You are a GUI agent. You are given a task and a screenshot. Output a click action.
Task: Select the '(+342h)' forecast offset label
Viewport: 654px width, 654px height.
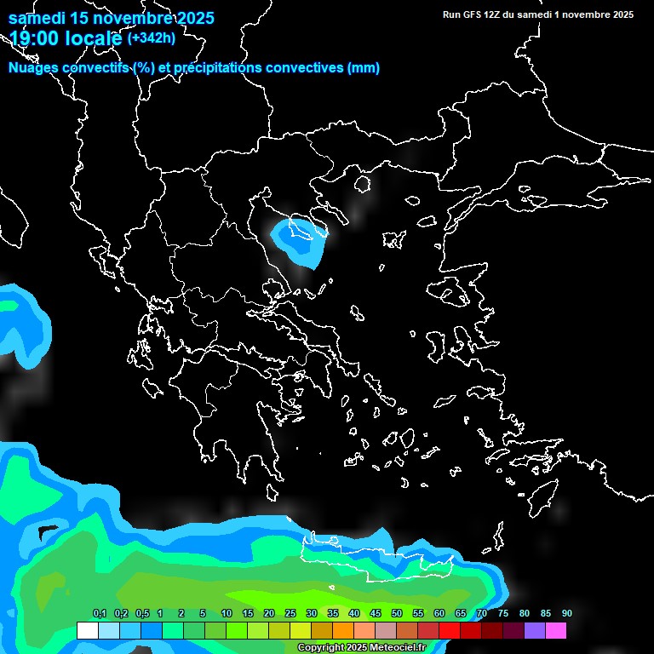click(x=152, y=37)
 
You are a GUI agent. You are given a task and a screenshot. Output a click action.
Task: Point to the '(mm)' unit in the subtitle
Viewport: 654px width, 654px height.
click(x=364, y=68)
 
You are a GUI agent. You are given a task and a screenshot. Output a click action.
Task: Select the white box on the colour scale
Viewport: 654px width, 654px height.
click(x=87, y=631)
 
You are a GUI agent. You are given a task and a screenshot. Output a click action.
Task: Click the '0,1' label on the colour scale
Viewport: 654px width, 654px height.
click(x=100, y=614)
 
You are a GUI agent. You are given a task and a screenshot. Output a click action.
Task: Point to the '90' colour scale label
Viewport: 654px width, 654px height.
click(x=567, y=614)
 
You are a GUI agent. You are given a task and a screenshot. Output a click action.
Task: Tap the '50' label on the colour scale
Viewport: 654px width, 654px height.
click(x=397, y=614)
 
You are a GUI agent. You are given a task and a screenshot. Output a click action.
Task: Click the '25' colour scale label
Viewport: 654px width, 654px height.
click(x=290, y=614)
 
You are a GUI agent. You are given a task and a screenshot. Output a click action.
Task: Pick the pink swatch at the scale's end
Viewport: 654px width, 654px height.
click(x=555, y=631)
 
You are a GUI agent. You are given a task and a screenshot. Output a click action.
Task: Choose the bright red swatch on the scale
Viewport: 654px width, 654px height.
click(x=449, y=631)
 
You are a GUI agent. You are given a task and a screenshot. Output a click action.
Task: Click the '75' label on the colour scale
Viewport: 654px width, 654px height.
click(x=503, y=614)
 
